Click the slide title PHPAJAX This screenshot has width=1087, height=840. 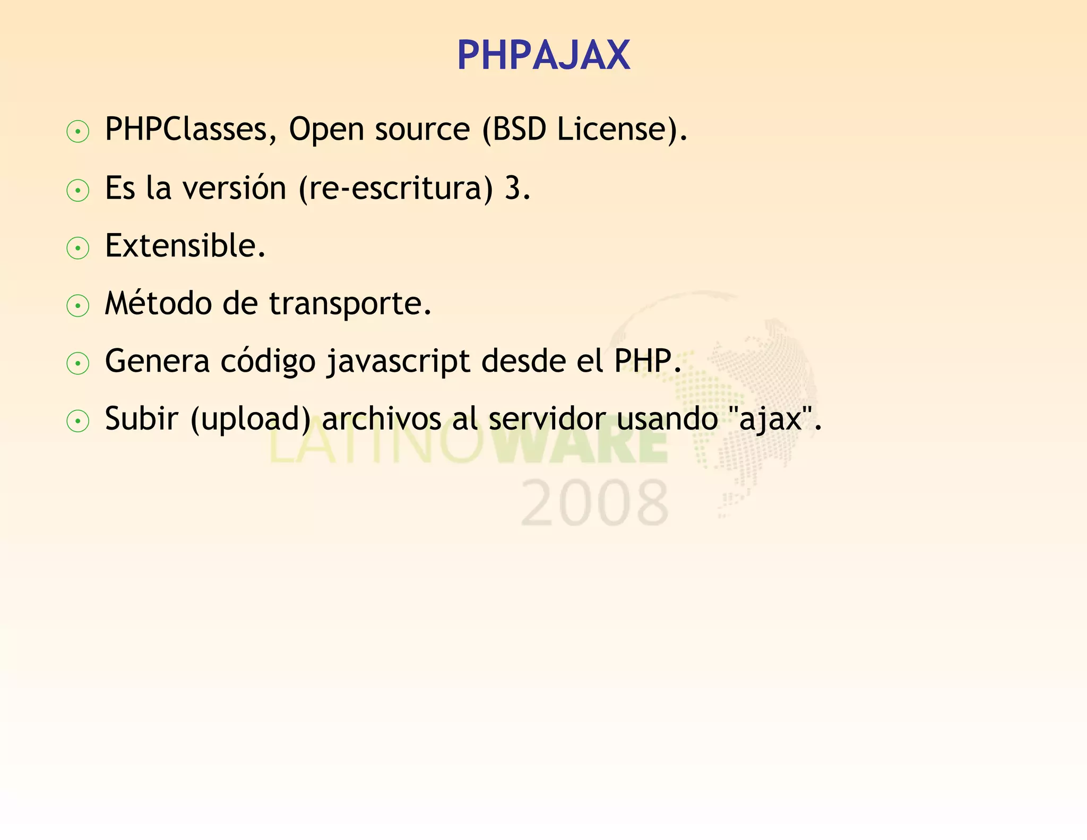(x=543, y=55)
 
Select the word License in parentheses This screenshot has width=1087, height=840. (x=610, y=129)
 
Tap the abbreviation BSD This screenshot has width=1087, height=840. (x=519, y=129)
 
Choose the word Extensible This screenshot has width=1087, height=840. (x=185, y=246)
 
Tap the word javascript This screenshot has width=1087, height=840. (x=398, y=362)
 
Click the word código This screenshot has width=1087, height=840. (x=268, y=362)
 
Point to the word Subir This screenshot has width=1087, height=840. (x=141, y=419)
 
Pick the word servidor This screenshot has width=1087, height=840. (x=547, y=419)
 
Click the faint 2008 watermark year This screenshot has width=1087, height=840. (x=594, y=503)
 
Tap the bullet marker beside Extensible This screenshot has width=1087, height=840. (x=78, y=248)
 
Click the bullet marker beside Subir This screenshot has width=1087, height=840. (x=78, y=422)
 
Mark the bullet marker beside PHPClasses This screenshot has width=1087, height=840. (x=78, y=132)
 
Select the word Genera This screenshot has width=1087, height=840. (x=157, y=362)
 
